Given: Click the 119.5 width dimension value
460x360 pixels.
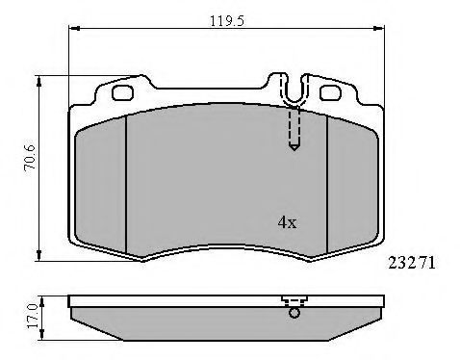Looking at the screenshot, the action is tap(227, 21).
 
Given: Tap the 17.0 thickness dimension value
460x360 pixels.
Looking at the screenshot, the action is tap(33, 316).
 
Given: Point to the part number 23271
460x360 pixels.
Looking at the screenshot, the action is tap(412, 263).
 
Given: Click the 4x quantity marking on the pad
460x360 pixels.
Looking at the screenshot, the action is tap(288, 222).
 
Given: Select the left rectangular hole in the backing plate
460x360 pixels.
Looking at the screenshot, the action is tap(122, 92).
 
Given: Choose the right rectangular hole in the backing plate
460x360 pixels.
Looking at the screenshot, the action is tap(330, 92).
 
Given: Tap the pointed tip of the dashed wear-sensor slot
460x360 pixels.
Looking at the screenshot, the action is tap(294, 150).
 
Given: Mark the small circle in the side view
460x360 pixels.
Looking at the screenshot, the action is tap(294, 313).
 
